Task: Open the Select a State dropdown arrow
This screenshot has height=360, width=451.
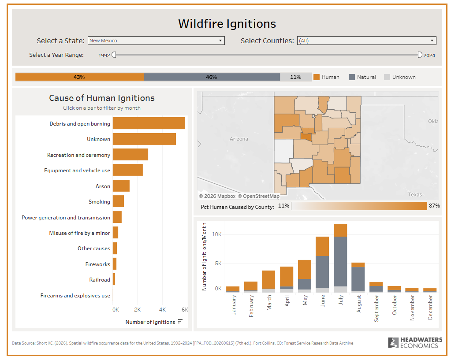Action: (220, 41)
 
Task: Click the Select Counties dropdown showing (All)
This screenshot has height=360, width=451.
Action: (366, 41)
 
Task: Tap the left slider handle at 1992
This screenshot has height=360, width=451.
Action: (114, 55)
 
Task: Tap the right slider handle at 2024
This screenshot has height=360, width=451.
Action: (420, 55)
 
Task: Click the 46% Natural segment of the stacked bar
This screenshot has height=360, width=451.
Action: (212, 77)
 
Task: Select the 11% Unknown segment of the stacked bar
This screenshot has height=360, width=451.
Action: (296, 77)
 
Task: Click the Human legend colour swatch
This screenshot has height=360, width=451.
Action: (317, 77)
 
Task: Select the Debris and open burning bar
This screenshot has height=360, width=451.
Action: (149, 123)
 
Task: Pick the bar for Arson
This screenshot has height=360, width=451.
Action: (121, 186)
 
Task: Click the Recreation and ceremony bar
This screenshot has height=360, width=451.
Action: (130, 154)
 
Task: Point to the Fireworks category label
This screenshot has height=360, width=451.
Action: (97, 264)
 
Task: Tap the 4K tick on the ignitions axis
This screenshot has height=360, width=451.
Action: (162, 310)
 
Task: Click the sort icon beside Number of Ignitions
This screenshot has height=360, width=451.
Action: (180, 322)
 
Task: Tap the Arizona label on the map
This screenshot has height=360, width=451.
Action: (239, 139)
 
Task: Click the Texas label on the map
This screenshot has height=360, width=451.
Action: (415, 195)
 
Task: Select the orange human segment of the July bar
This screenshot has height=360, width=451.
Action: (340, 230)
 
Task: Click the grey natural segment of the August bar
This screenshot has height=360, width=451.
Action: (358, 279)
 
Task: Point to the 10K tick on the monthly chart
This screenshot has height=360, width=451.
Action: (216, 234)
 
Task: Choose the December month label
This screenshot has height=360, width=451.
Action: (430, 308)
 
